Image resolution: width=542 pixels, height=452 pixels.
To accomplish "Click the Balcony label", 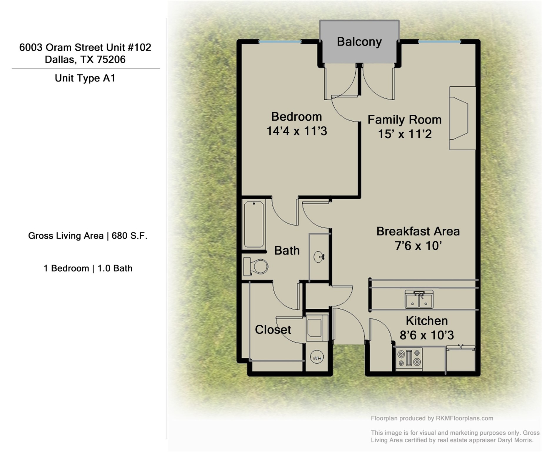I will (359, 42).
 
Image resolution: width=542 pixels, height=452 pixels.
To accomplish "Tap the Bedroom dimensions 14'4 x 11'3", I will (296, 131).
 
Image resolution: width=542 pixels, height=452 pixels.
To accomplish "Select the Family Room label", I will (404, 120).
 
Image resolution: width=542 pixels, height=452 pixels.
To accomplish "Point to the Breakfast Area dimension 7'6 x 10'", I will (418, 246).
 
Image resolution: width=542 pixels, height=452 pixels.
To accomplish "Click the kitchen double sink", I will (419, 300).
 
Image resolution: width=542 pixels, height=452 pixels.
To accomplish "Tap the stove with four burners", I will (409, 358).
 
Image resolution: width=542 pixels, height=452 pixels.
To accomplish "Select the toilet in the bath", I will (256, 267).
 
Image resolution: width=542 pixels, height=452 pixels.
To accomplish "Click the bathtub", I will (254, 224).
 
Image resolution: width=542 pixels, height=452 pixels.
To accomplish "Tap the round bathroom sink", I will (319, 257).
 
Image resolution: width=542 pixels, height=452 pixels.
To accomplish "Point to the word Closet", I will (273, 330).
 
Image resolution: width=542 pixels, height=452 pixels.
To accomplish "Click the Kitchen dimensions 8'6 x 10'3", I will (426, 335).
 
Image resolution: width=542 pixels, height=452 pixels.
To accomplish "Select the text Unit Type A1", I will (85, 78).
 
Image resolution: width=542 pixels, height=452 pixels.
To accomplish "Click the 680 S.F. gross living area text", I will (129, 236).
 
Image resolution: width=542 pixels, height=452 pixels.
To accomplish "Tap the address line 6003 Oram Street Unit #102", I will (85, 47).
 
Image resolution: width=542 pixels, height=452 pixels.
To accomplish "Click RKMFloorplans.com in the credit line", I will (464, 418).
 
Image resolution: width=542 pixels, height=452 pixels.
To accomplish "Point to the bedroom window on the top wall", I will (280, 42).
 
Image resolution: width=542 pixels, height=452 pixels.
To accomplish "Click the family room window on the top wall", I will (439, 42).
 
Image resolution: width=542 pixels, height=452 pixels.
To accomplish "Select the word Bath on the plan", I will (287, 251).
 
